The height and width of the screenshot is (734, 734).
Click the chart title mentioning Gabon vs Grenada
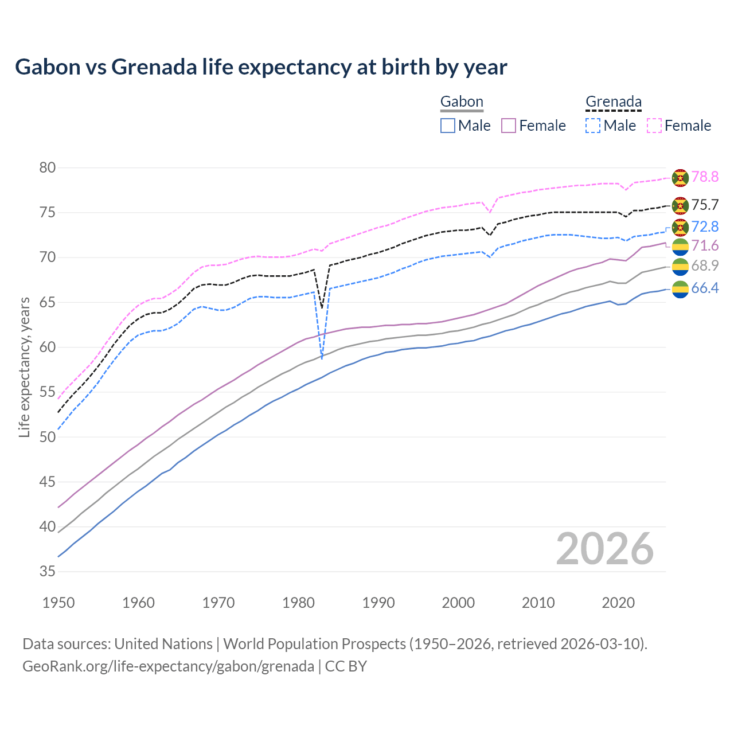261,67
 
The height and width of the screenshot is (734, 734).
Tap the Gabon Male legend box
448,126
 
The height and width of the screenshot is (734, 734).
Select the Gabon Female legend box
509,126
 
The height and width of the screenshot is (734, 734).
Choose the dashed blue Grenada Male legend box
593,126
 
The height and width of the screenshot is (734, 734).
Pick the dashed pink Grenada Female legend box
654,126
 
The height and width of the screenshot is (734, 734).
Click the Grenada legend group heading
613,102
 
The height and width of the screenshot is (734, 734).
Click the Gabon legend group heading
462,102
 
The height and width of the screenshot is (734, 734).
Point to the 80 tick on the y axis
48,168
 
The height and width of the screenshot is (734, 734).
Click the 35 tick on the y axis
48,572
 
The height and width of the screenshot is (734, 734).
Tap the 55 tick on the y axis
48,392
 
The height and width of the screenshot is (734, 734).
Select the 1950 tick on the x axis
58,603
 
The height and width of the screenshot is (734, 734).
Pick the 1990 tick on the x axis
378,603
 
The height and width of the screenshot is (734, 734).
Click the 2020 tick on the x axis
618,603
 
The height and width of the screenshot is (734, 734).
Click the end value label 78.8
705,177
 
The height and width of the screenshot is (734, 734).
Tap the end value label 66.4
705,288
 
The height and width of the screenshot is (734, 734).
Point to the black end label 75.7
705,205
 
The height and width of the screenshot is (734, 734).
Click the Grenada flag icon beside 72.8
680,227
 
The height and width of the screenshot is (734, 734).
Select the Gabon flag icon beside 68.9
680,267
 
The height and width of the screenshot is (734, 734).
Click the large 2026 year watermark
605,549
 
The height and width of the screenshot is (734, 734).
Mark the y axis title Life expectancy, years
24,367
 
